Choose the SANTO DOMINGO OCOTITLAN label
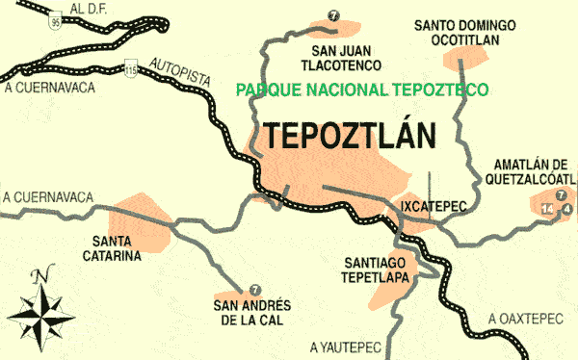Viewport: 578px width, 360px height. click(x=463, y=31)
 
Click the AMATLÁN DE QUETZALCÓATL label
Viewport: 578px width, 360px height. click(x=534, y=170)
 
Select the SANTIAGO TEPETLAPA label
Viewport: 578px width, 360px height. click(x=376, y=269)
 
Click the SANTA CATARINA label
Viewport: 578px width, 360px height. click(x=118, y=247)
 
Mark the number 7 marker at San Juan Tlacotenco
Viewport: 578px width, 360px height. click(x=333, y=14)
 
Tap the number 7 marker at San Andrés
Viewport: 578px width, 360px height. click(x=254, y=289)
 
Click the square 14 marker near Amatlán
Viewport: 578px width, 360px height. click(x=548, y=209)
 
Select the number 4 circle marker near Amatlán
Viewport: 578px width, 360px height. click(x=566, y=209)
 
